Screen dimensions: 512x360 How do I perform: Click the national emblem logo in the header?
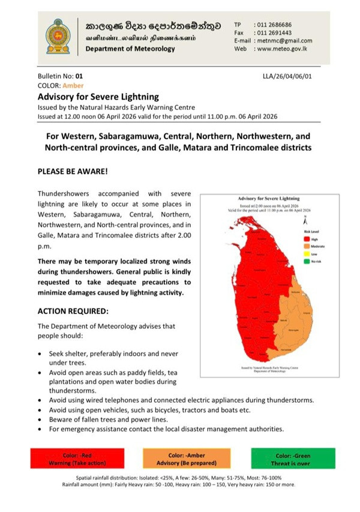pyautogui.click(x=62, y=37)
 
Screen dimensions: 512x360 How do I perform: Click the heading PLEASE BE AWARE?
pyautogui.click(x=73, y=171)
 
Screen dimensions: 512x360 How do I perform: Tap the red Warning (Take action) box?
pyautogui.click(x=77, y=459)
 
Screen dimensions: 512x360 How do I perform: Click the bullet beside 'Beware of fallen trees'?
pyautogui.click(x=40, y=420)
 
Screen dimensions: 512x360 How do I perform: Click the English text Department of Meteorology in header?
pyautogui.click(x=130, y=49)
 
